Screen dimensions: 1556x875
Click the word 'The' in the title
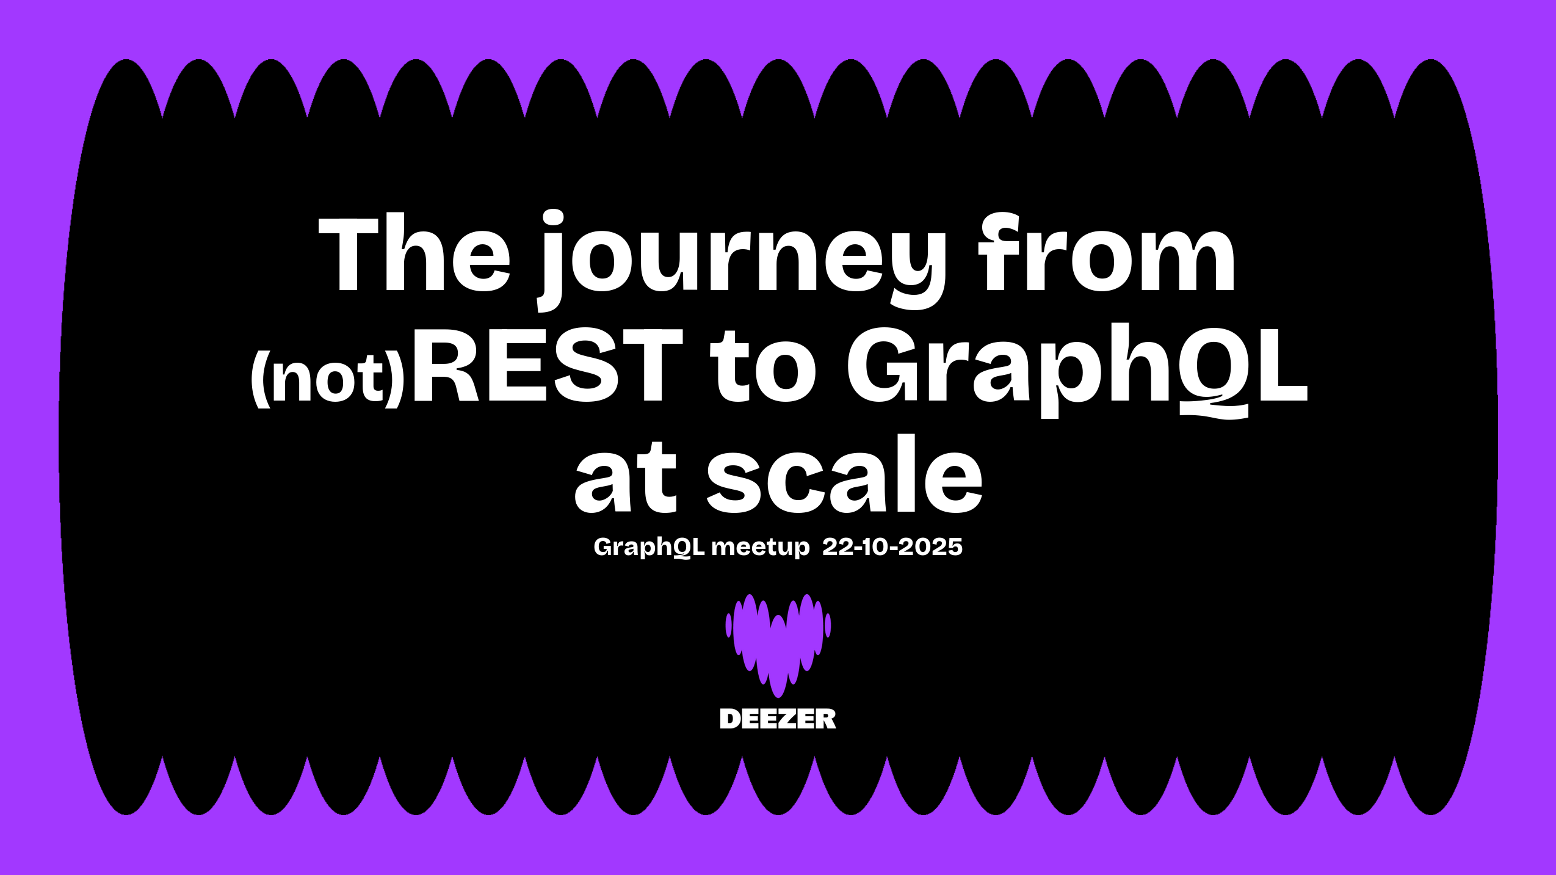pyautogui.click(x=414, y=252)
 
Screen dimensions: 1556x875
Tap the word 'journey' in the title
pyautogui.click(x=742, y=260)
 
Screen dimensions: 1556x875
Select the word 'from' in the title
pyautogui.click(x=1107, y=252)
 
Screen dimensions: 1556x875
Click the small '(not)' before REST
pyautogui.click(x=328, y=378)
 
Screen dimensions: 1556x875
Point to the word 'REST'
pyautogui.click(x=548, y=365)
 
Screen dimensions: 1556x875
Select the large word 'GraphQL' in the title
pyautogui.click(x=1077, y=370)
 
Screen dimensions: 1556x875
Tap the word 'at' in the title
pyautogui.click(x=626, y=476)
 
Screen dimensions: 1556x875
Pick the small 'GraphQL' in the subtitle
pyautogui.click(x=649, y=546)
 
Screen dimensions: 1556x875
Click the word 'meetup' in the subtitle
pyautogui.click(x=761, y=547)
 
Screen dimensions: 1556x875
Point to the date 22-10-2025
pyautogui.click(x=892, y=546)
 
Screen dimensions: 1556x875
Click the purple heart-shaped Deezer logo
pyautogui.click(x=778, y=645)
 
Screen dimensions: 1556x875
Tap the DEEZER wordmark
pyautogui.click(x=778, y=719)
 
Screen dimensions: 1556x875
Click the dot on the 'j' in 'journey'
pyautogui.click(x=553, y=219)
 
